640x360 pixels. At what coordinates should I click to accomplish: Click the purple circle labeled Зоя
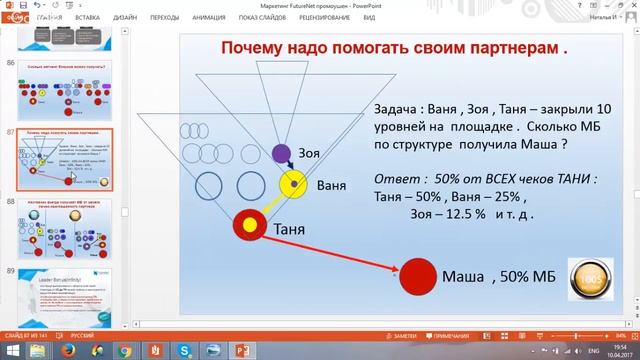282,153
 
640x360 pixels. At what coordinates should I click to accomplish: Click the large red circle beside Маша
417,275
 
